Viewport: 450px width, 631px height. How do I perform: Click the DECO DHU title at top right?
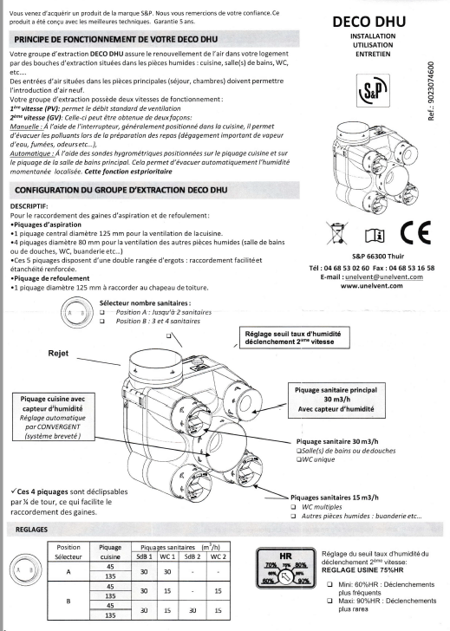tap(368, 22)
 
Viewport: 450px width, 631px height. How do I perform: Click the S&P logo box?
tap(373, 90)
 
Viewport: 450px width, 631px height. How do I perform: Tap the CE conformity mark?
tap(415, 232)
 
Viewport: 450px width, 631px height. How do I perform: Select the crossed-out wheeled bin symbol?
tap(337, 232)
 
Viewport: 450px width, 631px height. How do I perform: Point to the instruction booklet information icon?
tap(375, 235)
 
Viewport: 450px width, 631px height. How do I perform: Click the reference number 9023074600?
tap(431, 91)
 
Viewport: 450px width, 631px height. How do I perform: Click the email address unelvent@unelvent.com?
tap(384, 276)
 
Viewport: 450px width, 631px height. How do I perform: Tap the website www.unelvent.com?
tap(371, 286)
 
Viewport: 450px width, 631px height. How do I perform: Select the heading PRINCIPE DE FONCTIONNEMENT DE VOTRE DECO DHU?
tap(116, 40)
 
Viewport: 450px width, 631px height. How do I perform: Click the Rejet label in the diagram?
tap(58, 354)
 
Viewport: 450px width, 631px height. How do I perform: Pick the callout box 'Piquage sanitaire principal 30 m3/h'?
tap(336, 400)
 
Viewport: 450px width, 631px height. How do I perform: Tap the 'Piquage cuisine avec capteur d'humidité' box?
tap(53, 417)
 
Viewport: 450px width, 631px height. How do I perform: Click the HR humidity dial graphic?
tap(285, 568)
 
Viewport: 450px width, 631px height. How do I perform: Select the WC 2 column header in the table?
tap(218, 556)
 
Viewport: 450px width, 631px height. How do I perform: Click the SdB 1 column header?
tap(144, 556)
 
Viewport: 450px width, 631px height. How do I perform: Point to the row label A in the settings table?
tap(68, 571)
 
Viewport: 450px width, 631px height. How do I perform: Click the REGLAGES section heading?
tap(31, 530)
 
